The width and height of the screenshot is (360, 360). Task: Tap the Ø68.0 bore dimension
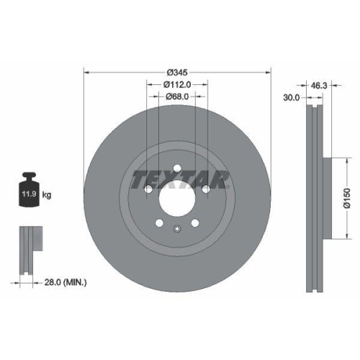pos(177,96)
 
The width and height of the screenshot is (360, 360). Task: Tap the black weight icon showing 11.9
pos(30,192)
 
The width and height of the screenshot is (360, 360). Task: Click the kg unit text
pos(48,195)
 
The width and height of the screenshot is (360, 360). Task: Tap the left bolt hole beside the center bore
pos(147,189)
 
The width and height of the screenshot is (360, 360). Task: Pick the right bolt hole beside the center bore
pos(207,189)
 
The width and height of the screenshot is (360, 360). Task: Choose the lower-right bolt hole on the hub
pos(196,222)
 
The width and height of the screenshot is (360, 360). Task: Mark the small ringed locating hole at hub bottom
pos(177,230)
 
